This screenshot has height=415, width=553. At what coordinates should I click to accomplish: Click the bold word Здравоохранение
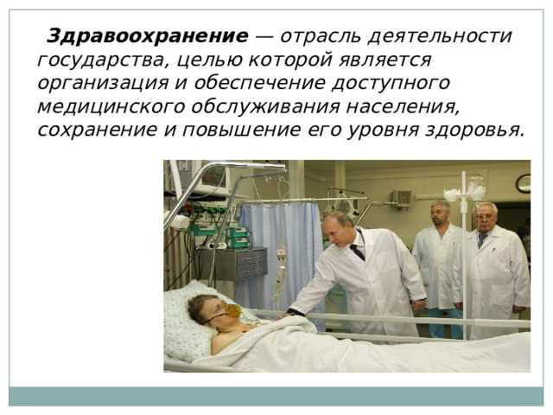(x=147, y=36)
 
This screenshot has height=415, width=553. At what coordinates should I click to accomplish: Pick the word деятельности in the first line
(x=440, y=36)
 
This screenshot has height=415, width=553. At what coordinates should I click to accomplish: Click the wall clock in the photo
(x=524, y=182)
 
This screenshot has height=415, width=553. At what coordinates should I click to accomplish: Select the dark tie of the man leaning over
(x=357, y=252)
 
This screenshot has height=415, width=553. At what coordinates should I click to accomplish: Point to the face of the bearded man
(x=441, y=214)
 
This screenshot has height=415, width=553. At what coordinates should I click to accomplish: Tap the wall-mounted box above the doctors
(x=402, y=198)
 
